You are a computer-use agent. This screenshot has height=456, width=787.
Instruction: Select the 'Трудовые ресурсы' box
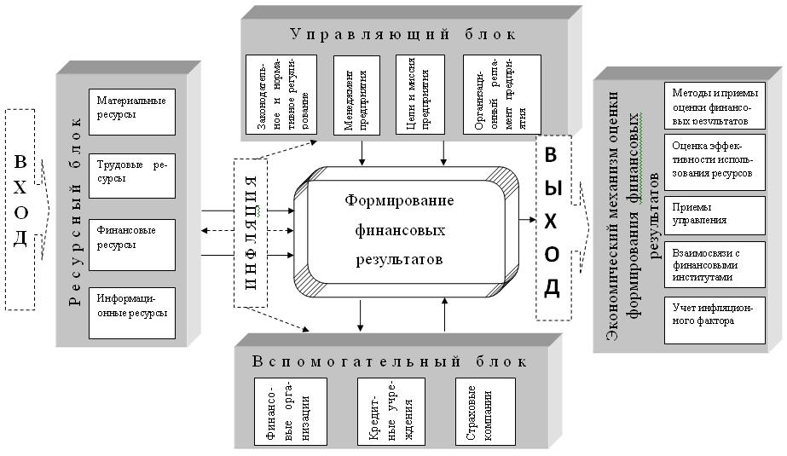131,173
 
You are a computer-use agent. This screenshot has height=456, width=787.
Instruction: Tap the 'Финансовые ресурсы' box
131,240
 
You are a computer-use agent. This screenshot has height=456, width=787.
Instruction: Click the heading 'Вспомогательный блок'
390,361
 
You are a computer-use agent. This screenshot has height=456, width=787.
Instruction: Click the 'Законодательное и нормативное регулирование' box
281,94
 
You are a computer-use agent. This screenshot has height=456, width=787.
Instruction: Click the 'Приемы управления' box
703,213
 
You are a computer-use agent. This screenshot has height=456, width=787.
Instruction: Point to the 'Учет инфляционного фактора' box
703,320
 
